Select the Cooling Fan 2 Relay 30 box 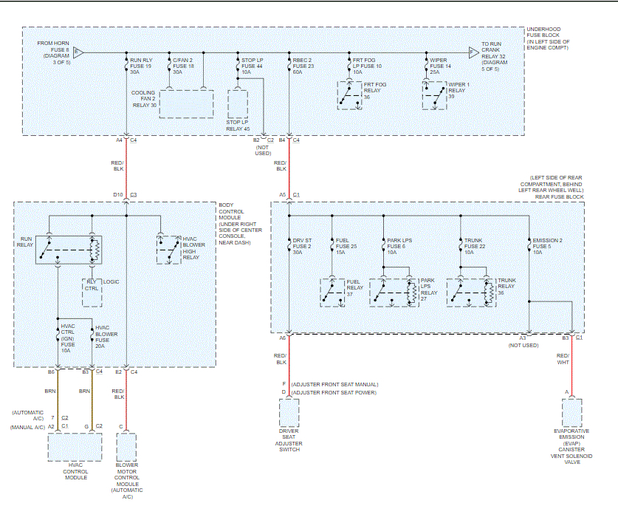click(x=186, y=104)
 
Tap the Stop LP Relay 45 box click(x=238, y=104)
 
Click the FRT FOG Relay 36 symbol click(x=351, y=95)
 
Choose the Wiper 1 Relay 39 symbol click(x=434, y=95)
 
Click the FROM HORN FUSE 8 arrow click(x=78, y=52)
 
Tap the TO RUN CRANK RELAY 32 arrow click(x=473, y=52)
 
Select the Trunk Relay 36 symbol click(x=472, y=293)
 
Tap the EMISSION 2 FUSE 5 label click(x=545, y=246)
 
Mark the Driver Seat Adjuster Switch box click(x=289, y=411)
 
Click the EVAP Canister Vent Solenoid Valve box click(x=572, y=411)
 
